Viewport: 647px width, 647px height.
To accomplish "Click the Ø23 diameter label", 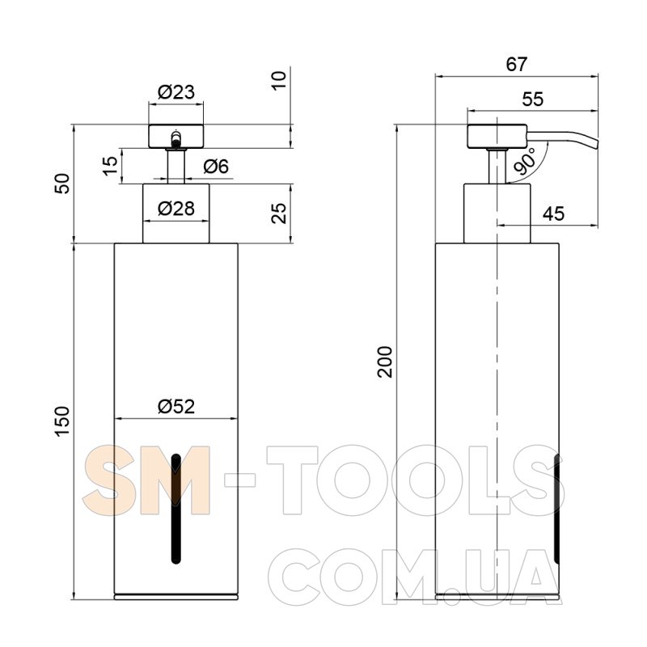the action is (x=175, y=92).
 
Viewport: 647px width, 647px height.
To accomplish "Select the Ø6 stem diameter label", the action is (x=216, y=167).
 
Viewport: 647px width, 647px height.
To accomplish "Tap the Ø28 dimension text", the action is (x=176, y=209).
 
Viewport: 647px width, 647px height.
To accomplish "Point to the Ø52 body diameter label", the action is (x=176, y=407).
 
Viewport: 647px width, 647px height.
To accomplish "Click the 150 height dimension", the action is (x=63, y=421).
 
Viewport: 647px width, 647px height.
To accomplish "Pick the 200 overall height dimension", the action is (x=385, y=362).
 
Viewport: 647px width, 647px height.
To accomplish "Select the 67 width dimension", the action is (x=517, y=65).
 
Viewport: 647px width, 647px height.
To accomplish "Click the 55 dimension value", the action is (x=533, y=99).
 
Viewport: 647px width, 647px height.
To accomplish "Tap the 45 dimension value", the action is (x=553, y=214).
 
